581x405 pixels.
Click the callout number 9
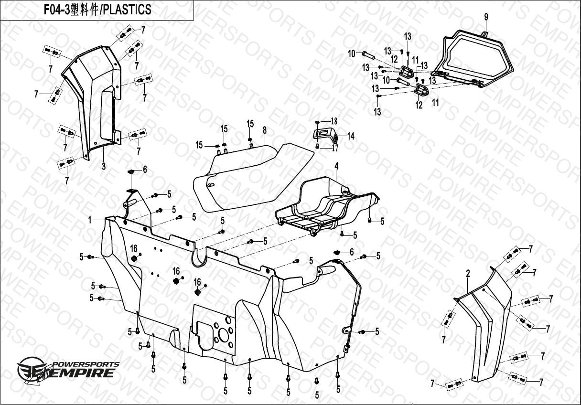486,17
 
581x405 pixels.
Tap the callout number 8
265,130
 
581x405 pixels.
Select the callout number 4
336,166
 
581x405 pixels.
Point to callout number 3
104,166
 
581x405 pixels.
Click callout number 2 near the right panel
468,274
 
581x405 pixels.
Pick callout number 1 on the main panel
90,220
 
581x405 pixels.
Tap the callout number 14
351,136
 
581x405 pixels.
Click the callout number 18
334,121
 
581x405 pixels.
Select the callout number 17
335,148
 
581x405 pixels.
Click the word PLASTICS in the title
127,10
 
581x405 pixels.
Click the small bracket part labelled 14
325,136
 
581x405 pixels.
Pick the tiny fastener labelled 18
317,122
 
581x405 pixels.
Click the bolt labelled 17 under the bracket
317,147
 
